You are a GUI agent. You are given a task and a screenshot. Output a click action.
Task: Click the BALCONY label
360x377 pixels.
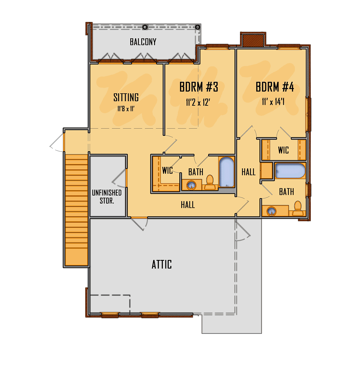pyautogui.click(x=143, y=42)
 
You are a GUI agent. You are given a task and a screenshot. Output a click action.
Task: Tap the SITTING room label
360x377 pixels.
pyautogui.click(x=126, y=98)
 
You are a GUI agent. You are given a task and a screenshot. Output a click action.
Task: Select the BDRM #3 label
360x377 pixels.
pyautogui.click(x=199, y=87)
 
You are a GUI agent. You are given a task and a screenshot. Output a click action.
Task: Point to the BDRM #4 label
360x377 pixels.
pyautogui.click(x=274, y=87)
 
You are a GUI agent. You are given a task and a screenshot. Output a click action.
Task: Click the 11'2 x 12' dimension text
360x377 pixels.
pyautogui.click(x=198, y=103)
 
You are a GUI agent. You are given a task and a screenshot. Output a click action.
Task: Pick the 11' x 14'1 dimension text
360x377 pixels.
pyautogui.click(x=273, y=102)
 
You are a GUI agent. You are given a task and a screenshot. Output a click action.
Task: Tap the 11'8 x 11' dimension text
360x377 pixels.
pyautogui.click(x=126, y=109)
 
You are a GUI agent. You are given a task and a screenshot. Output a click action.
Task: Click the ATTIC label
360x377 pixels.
pyautogui.click(x=162, y=264)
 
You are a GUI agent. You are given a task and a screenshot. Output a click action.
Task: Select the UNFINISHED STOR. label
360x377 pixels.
pyautogui.click(x=107, y=197)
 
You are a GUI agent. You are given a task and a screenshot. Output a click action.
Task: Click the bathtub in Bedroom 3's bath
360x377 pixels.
pyautogui.click(x=226, y=172)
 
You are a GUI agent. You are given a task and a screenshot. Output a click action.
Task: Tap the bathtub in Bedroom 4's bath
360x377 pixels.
pyautogui.click(x=290, y=171)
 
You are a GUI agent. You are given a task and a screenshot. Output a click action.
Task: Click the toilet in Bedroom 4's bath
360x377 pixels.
pyautogui.click(x=297, y=209)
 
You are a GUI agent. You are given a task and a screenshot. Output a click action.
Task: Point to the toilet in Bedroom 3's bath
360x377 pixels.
pyautogui.click(x=210, y=182)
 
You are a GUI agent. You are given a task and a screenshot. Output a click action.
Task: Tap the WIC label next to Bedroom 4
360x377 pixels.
pyautogui.click(x=283, y=150)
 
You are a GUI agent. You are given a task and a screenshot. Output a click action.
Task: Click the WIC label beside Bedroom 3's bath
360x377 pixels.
pyautogui.click(x=167, y=170)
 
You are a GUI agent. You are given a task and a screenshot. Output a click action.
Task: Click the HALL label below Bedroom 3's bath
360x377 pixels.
pyautogui.click(x=188, y=205)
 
